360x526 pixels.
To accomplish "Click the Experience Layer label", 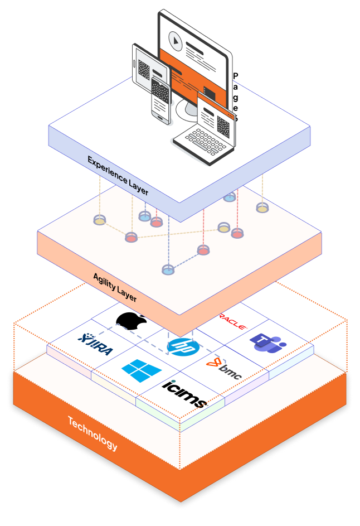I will pos(118,175).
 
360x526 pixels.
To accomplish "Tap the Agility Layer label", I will pos(115,287).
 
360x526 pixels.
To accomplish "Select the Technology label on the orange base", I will pos(93,433).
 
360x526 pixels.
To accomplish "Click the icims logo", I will pos(184,393).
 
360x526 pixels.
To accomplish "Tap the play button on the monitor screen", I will pos(174,40).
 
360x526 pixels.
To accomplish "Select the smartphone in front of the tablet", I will pos(160,100).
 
